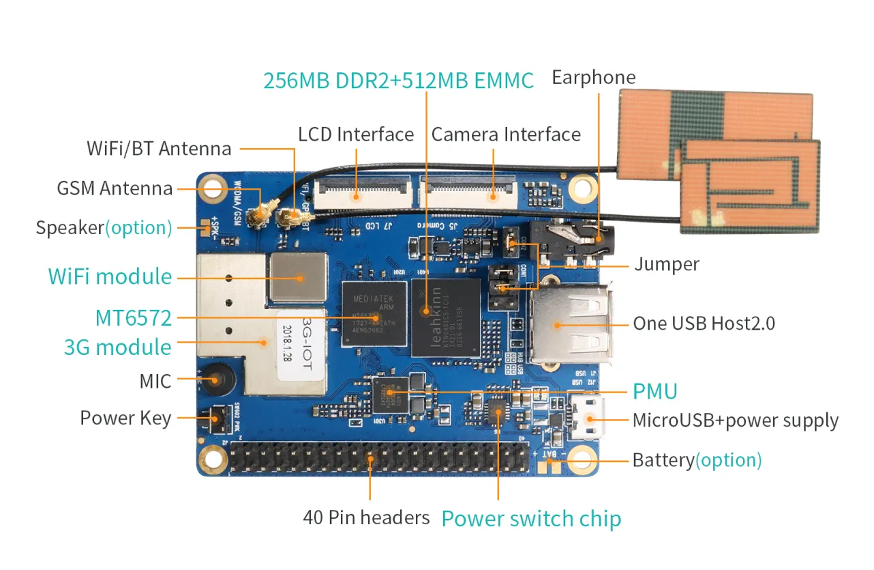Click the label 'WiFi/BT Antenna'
pyautogui.click(x=159, y=149)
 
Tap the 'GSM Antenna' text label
pyautogui.click(x=115, y=188)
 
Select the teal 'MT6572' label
pyautogui.click(x=133, y=317)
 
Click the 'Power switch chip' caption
pyautogui.click(x=531, y=519)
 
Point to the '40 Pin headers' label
pyautogui.click(x=366, y=517)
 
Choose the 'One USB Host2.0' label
pyautogui.click(x=704, y=323)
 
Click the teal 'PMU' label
pyautogui.click(x=654, y=391)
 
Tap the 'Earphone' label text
pyautogui.click(x=593, y=77)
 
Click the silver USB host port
pyautogui.click(x=571, y=324)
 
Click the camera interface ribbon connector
pyautogui.click(x=468, y=189)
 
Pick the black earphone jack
pyautogui.click(x=573, y=244)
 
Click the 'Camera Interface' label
pyautogui.click(x=506, y=134)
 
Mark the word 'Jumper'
pyautogui.click(x=666, y=264)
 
